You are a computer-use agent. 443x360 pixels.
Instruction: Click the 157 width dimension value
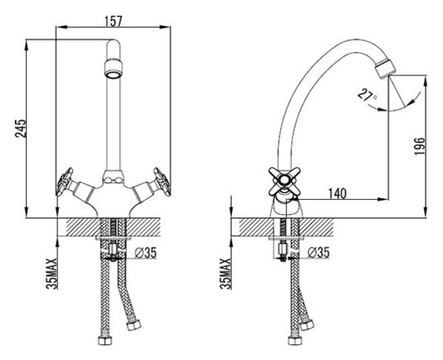(113, 21)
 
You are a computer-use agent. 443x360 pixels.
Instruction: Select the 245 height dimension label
(20, 128)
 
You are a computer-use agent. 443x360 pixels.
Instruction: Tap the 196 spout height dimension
(419, 146)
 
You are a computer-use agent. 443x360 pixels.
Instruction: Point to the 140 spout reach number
(337, 193)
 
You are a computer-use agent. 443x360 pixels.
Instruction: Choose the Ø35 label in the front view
(145, 252)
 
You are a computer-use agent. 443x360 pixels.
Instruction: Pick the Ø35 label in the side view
(319, 252)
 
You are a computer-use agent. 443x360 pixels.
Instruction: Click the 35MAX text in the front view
(52, 274)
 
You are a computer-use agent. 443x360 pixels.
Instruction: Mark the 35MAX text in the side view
(225, 274)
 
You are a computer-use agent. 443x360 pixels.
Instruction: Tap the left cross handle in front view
(65, 182)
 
